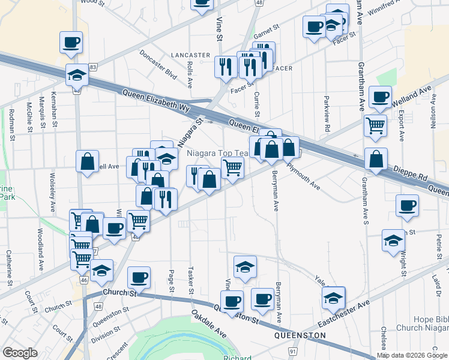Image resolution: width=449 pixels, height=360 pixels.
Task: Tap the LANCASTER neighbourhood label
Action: coord(190,55)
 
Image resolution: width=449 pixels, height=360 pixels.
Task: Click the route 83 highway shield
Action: coord(92,67)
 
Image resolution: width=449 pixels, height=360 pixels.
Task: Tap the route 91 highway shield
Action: coord(293,351)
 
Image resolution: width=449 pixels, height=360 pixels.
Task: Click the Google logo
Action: coord(20,353)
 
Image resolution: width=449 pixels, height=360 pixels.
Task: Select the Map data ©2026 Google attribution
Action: coord(412,355)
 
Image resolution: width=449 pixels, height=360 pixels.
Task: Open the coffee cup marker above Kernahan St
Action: coord(71,42)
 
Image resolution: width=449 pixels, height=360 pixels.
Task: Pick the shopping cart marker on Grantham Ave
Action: coord(375,126)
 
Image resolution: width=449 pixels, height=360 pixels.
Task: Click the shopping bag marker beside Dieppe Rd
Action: coord(376,160)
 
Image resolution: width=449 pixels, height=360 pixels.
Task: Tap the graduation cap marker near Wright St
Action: coord(393,241)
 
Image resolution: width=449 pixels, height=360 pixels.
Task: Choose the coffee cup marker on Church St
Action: coord(139,278)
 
